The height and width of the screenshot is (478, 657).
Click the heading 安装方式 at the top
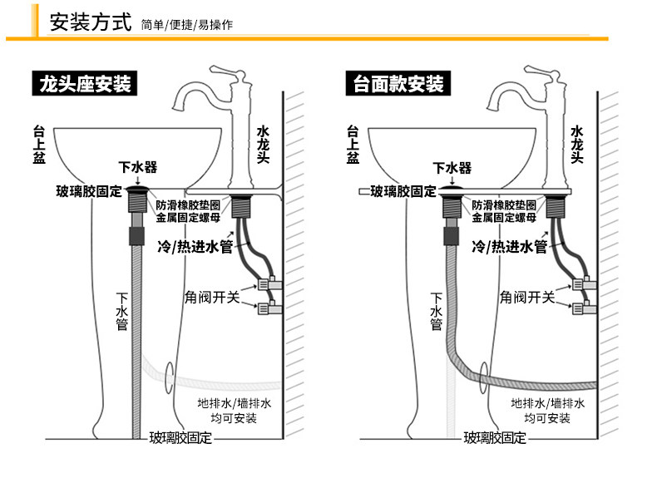tap(91, 22)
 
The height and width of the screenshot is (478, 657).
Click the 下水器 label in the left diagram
tap(138, 167)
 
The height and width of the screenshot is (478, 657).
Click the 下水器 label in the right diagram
tap(452, 167)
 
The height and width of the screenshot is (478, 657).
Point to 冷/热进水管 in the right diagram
tap(508, 247)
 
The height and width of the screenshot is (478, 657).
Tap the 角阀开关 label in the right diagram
tap(526, 297)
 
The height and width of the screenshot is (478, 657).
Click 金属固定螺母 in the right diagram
tap(503, 218)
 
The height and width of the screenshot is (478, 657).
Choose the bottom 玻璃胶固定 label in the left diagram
tap(180, 437)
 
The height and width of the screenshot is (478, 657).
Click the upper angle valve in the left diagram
tap(269, 283)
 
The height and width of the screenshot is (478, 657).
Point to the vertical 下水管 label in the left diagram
tap(121, 312)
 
